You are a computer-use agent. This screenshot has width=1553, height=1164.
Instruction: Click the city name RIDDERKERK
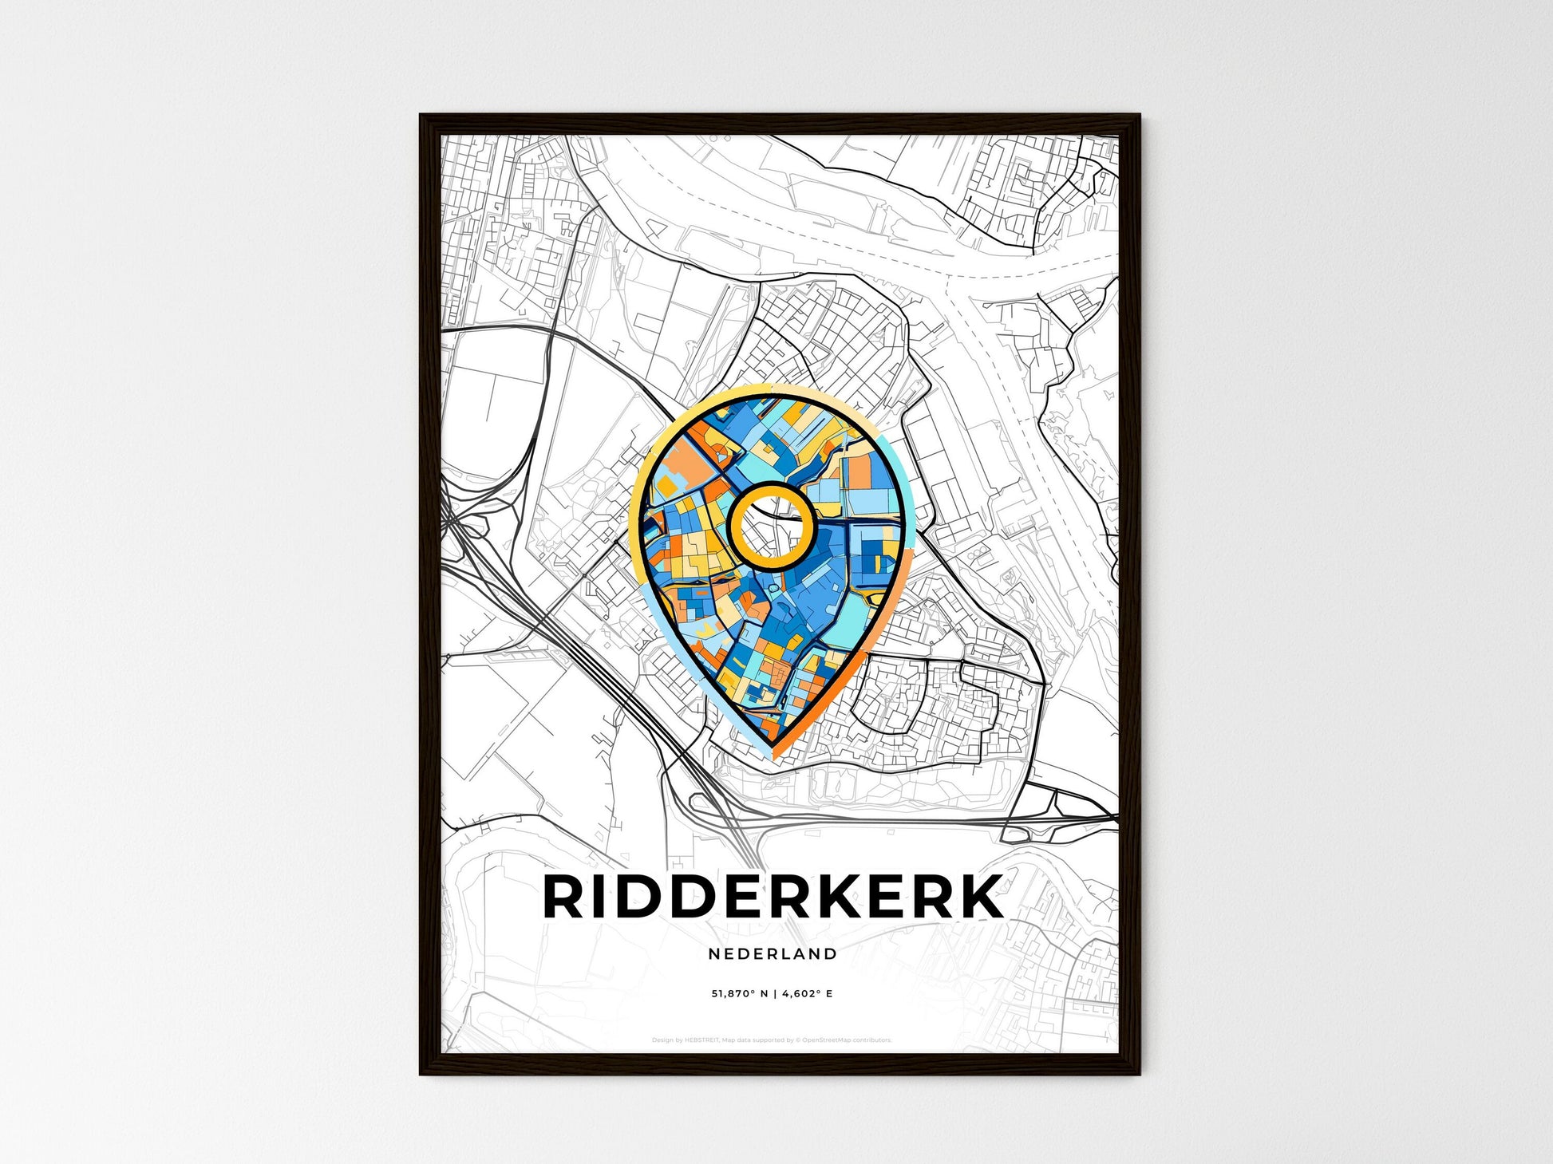[x=773, y=897]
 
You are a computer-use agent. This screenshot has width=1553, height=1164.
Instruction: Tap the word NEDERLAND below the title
[x=773, y=953]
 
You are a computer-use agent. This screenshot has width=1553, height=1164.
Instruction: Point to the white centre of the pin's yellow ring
[x=771, y=528]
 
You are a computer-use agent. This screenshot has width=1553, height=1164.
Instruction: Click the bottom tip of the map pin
[x=773, y=747]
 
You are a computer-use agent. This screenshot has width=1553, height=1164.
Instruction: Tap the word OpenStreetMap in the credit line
[x=828, y=1040]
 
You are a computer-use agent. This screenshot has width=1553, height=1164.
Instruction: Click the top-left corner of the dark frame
[x=422, y=116]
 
